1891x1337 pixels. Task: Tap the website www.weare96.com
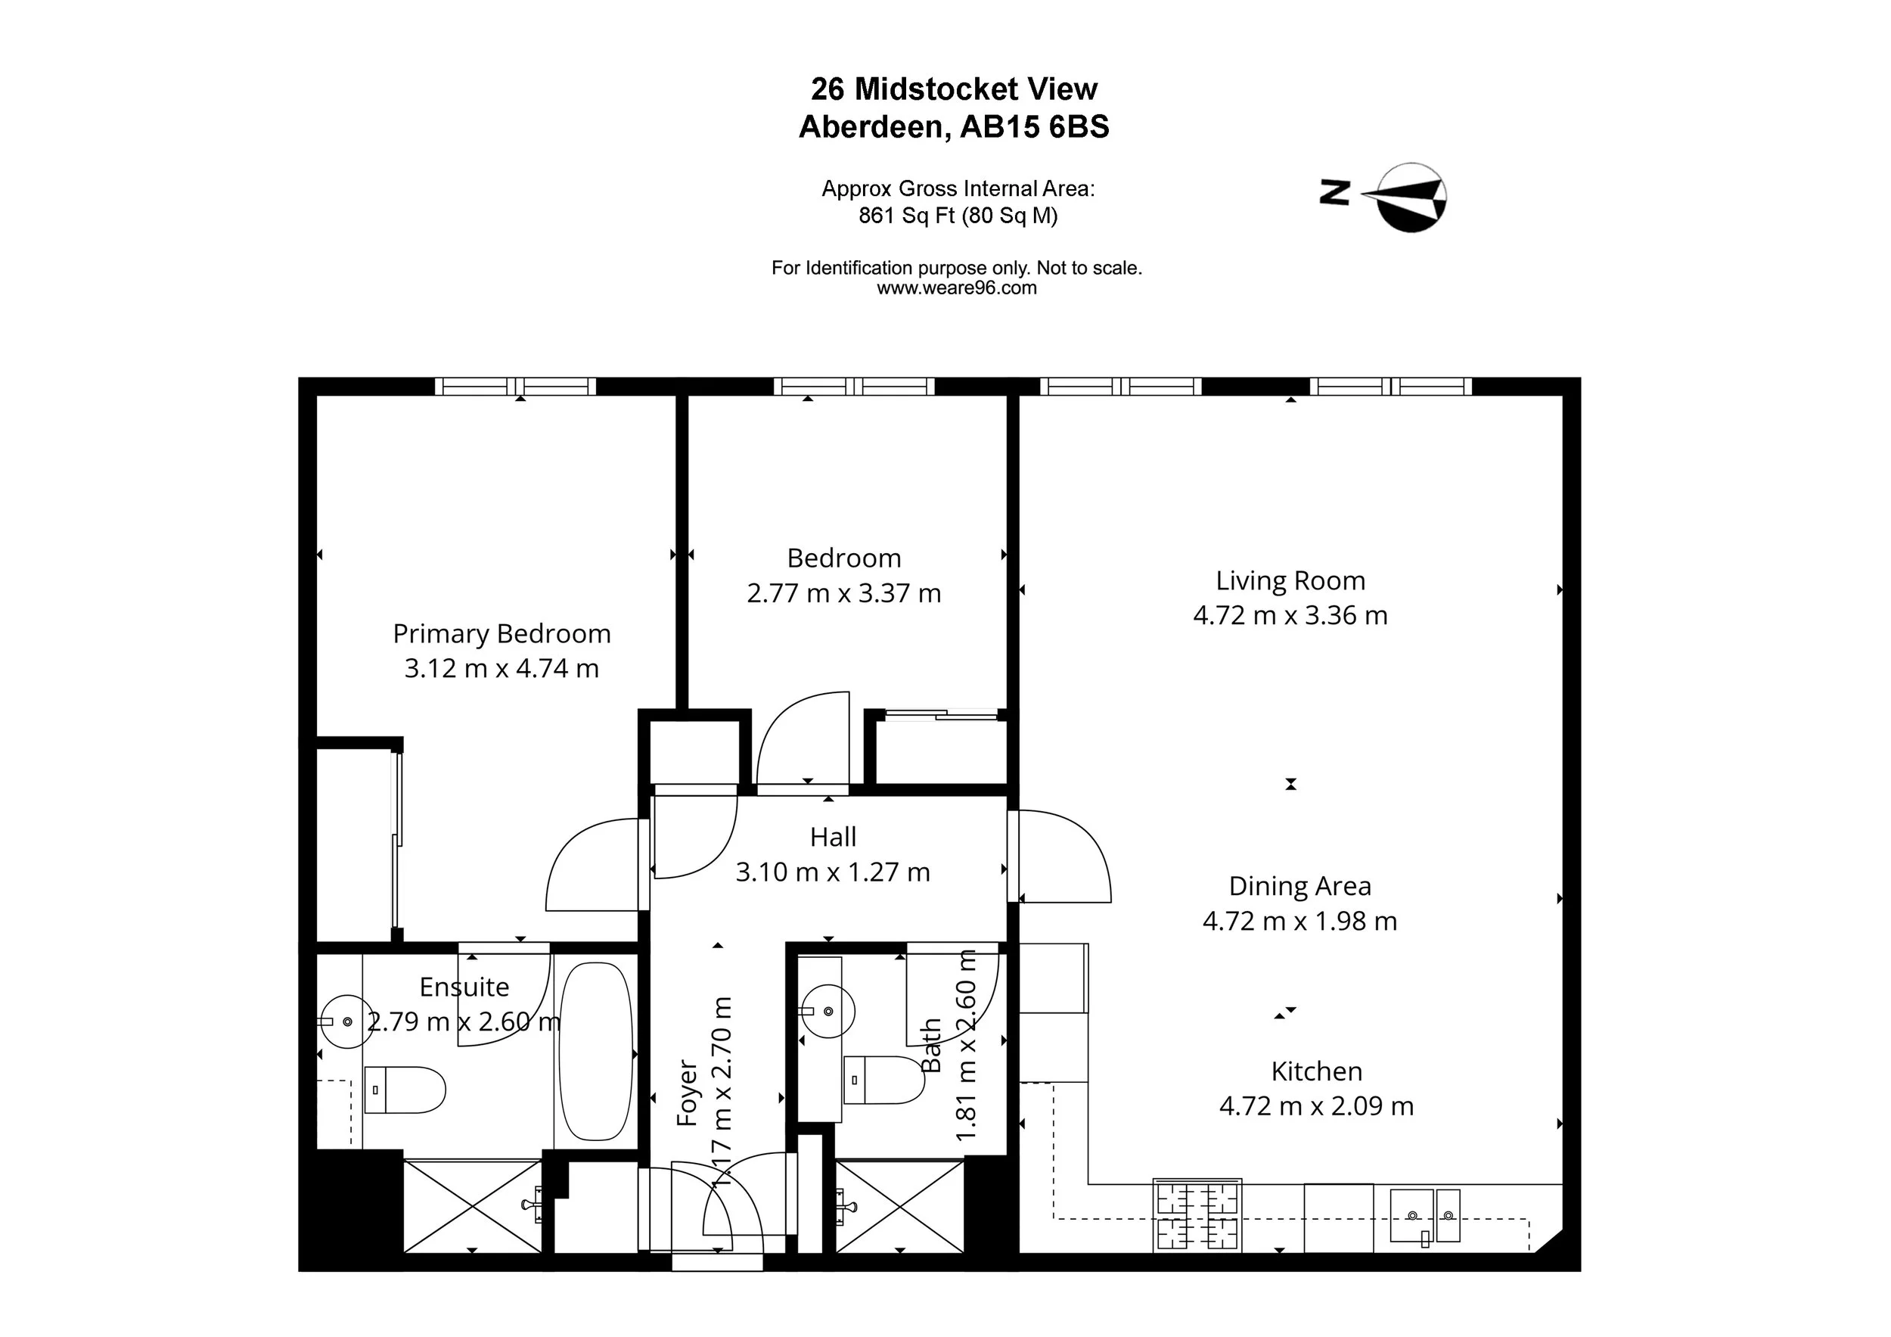click(x=956, y=288)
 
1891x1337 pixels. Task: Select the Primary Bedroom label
click(x=501, y=633)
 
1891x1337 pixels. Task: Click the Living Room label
click(x=1290, y=581)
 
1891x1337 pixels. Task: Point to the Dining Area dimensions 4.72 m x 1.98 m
click(x=1299, y=921)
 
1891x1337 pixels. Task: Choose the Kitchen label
click(x=1316, y=1071)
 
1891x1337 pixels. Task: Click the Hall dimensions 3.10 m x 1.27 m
click(x=833, y=872)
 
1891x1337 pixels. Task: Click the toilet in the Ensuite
click(x=405, y=1090)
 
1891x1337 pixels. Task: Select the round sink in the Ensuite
click(x=347, y=1021)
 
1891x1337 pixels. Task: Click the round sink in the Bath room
click(x=828, y=1011)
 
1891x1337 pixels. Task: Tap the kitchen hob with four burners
click(x=1197, y=1215)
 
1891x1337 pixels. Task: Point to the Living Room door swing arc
click(x=1067, y=857)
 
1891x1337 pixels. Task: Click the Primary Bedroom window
click(x=516, y=387)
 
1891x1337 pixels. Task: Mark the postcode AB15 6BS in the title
click(x=1036, y=127)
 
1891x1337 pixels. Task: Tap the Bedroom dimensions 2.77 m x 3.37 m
click(x=843, y=593)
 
